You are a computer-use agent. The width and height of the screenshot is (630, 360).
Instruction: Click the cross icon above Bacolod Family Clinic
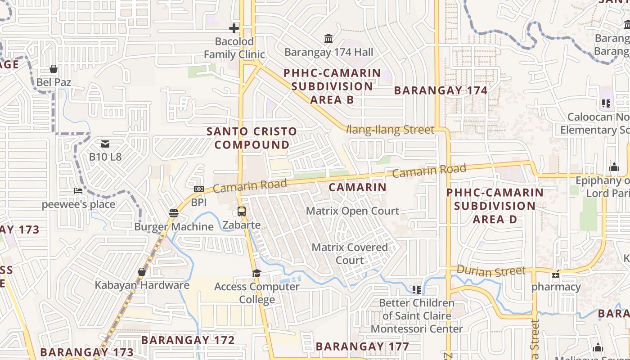pos(234,28)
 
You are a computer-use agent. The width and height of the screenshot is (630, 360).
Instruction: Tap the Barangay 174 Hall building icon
pos(328,39)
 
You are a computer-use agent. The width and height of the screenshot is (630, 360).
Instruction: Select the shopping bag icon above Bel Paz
pos(54,69)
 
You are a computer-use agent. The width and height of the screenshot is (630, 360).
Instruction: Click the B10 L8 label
pos(105,157)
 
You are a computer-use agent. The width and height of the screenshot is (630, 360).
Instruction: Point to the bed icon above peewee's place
pos(78,191)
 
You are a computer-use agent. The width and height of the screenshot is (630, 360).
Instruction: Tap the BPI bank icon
pos(198,189)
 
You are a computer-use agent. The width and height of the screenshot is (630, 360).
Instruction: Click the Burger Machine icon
pos(174,213)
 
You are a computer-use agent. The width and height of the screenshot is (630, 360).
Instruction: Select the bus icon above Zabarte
pos(242,211)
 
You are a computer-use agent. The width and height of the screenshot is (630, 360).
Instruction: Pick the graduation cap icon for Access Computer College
pos(256,273)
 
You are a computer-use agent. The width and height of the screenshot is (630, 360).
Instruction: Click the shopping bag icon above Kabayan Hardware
pos(142,272)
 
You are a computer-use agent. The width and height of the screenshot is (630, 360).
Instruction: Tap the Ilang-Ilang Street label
pos(391,130)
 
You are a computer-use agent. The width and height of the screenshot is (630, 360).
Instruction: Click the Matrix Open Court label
pos(352,211)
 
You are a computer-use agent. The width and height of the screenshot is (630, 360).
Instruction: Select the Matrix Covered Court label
pos(350,253)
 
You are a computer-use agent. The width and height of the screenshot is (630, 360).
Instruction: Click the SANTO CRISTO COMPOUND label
pos(252,138)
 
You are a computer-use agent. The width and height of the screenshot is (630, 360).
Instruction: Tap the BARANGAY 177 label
pos(362,346)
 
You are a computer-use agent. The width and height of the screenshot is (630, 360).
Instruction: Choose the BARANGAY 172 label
pos(188,340)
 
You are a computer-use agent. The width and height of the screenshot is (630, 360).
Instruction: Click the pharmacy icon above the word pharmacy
pos(556,274)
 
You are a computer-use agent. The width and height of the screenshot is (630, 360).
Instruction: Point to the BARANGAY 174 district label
pos(441,90)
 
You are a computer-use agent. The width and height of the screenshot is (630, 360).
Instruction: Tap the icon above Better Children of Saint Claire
pos(417,289)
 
